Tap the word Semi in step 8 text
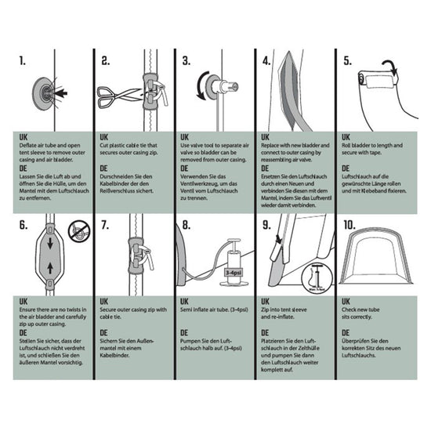[188, 310]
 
